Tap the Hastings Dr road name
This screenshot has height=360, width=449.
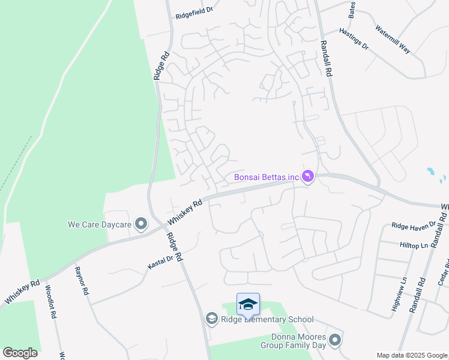pyautogui.click(x=353, y=38)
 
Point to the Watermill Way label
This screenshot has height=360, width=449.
pyautogui.click(x=393, y=40)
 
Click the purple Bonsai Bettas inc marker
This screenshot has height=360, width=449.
pyautogui.click(x=308, y=176)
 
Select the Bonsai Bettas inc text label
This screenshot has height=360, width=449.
pyautogui.click(x=266, y=177)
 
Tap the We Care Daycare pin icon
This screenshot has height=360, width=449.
pyautogui.click(x=141, y=224)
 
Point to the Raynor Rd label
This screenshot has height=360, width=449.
pyautogui.click(x=81, y=281)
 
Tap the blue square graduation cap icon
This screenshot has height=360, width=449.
pyautogui.click(x=248, y=304)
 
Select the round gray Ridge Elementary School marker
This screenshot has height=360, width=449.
pyautogui.click(x=211, y=319)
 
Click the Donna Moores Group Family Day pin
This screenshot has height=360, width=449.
pyautogui.click(x=335, y=341)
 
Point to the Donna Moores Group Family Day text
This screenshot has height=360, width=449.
pyautogui.click(x=293, y=341)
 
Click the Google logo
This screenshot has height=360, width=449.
pyautogui.click(x=20, y=353)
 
